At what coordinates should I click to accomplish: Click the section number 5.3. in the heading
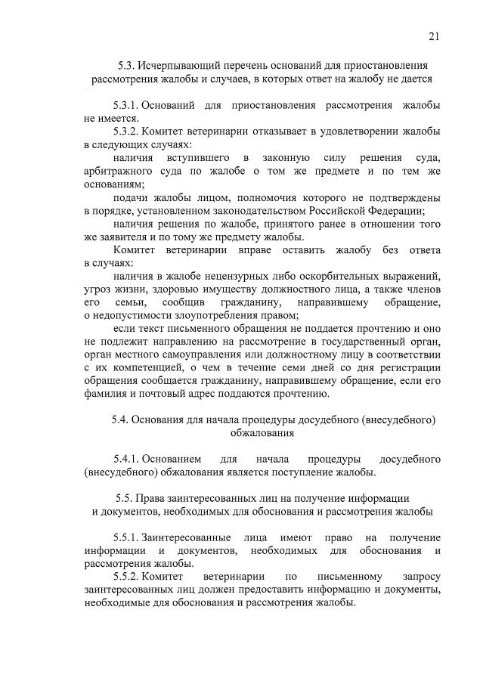pyautogui.click(x=127, y=66)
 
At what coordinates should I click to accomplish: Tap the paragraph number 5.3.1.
pyautogui.click(x=125, y=106)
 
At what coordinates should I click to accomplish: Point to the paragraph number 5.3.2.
pyautogui.click(x=125, y=132)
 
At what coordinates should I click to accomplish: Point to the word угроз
pyautogui.click(x=98, y=289)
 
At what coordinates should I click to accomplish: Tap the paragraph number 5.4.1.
pyautogui.click(x=125, y=460)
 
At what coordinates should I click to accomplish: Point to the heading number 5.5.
pyautogui.click(x=125, y=499)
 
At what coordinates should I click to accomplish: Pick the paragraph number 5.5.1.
pyautogui.click(x=125, y=537)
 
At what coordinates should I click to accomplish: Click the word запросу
pyautogui.click(x=420, y=577)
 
